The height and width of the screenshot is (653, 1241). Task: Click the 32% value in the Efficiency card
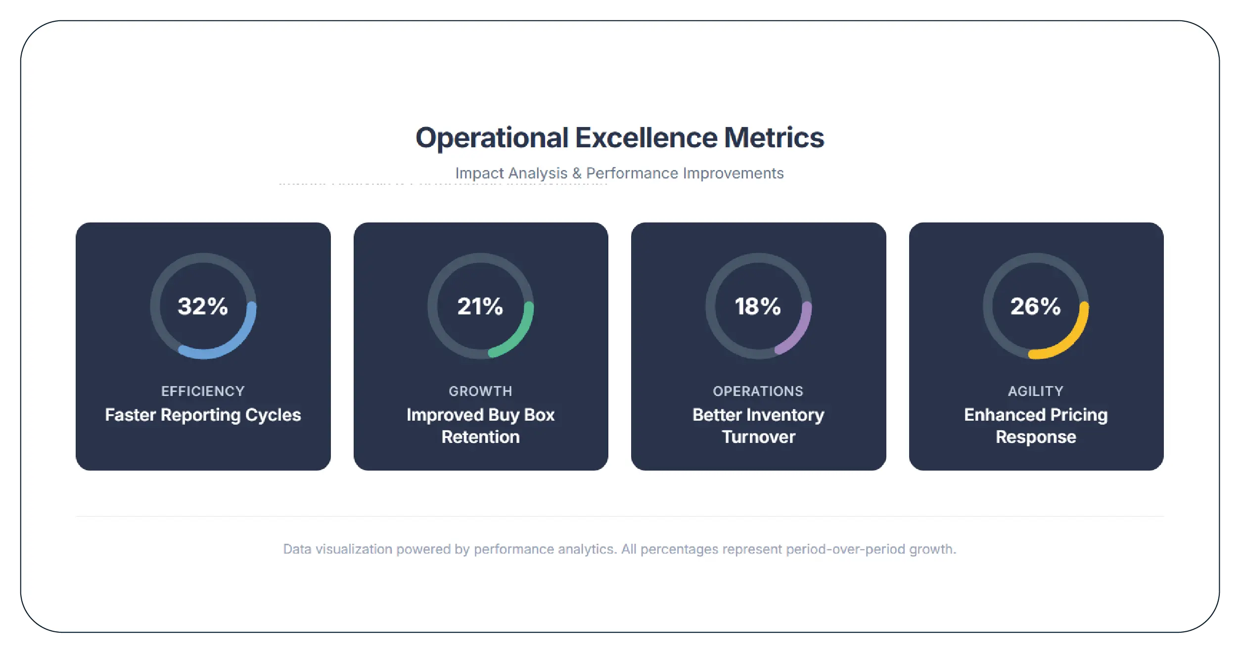click(x=203, y=306)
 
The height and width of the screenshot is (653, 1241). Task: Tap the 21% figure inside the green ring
click(x=480, y=306)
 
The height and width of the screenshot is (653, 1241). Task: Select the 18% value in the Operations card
click(x=758, y=306)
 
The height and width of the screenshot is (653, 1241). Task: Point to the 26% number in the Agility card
click(x=1035, y=306)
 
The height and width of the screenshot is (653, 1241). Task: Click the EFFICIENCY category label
click(x=203, y=391)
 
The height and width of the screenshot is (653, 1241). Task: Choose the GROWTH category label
click(x=480, y=391)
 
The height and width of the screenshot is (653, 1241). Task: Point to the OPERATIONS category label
click(x=758, y=391)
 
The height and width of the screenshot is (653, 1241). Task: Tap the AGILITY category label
click(x=1035, y=391)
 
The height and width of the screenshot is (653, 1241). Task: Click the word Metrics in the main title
click(x=774, y=137)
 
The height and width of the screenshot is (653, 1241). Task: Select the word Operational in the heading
click(x=492, y=137)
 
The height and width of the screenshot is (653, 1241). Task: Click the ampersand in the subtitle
click(x=577, y=174)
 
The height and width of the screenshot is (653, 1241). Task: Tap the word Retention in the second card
click(x=480, y=437)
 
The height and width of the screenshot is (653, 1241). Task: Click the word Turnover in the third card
click(x=758, y=437)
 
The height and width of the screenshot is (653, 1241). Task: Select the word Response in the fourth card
click(x=1036, y=437)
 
